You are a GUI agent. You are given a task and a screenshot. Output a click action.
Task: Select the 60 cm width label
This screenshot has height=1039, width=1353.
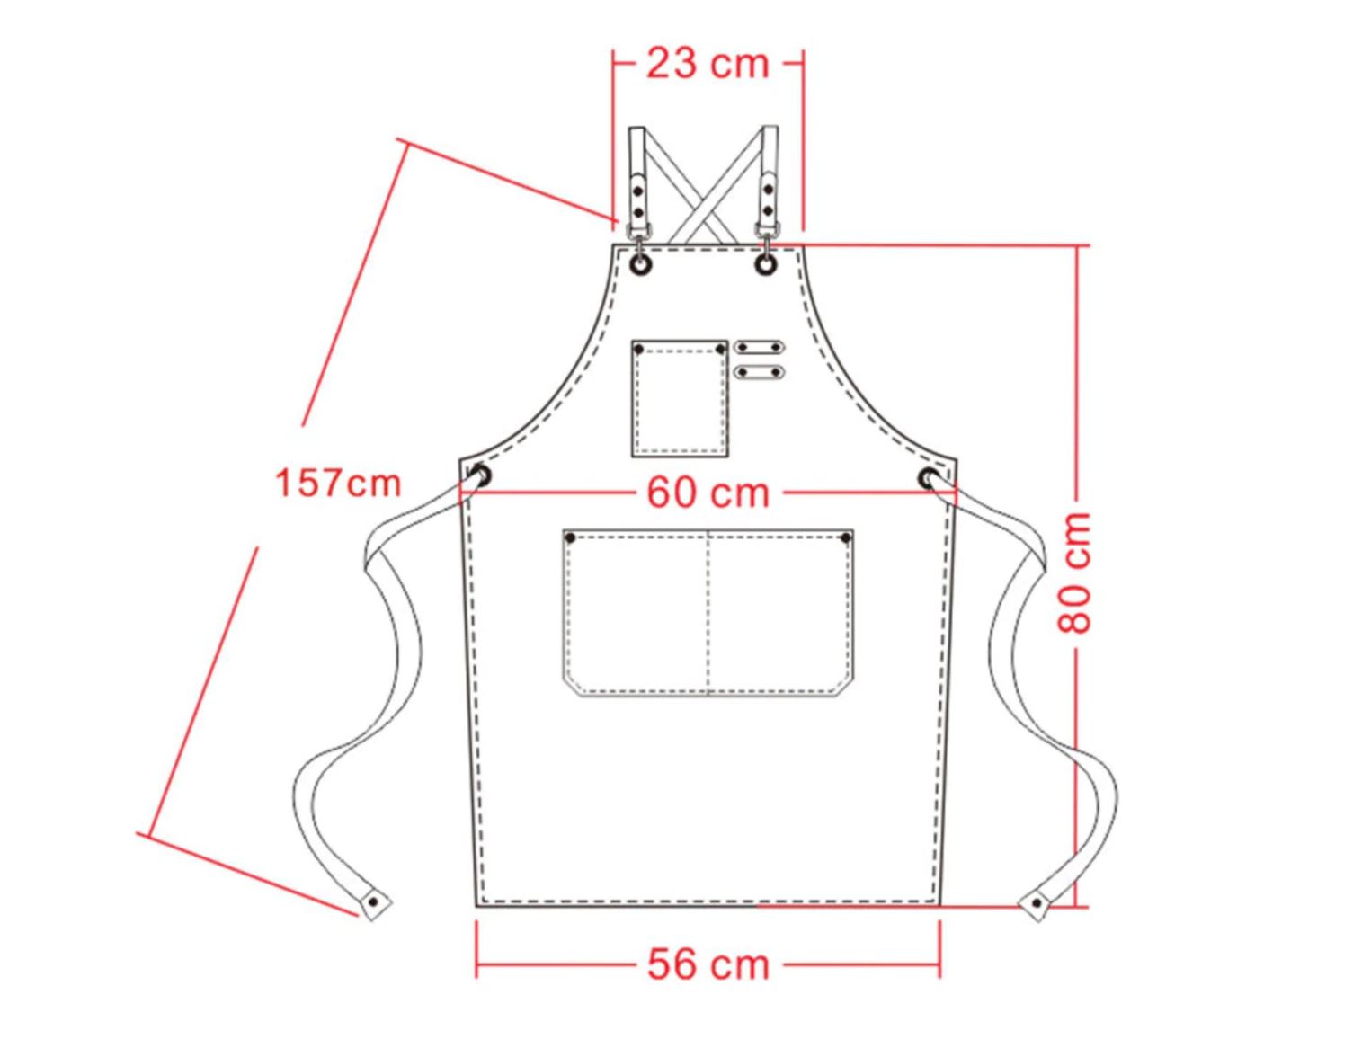[x=708, y=493]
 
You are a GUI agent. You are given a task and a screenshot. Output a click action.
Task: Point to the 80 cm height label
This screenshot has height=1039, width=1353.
[x=1074, y=573]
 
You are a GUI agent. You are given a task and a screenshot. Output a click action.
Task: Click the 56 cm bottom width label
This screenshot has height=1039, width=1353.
[x=708, y=964]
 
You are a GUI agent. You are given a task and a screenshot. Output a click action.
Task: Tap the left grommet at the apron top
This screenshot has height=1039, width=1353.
[x=641, y=264]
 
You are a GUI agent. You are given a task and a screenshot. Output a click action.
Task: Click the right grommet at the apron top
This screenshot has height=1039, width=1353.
[x=766, y=264]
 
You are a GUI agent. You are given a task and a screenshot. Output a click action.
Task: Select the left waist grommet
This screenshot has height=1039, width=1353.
[x=481, y=477]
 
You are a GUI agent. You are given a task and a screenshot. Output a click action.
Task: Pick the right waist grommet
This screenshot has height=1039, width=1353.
[x=929, y=478]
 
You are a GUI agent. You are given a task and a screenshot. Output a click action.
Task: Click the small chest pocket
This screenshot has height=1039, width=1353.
[x=680, y=399]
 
